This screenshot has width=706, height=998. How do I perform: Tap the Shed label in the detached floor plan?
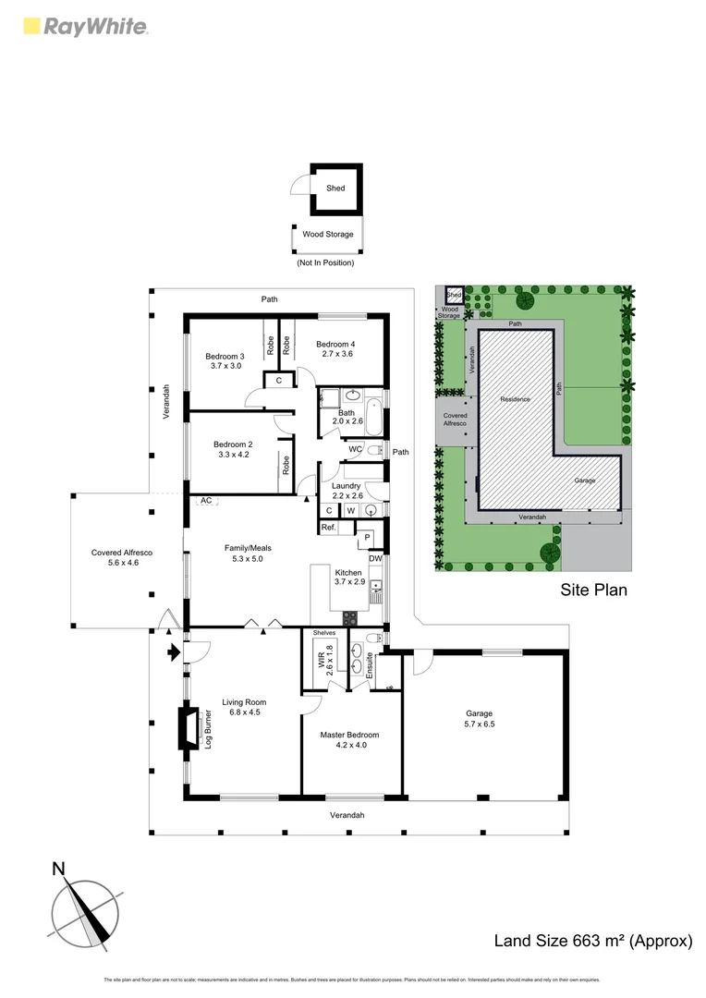(x=335, y=189)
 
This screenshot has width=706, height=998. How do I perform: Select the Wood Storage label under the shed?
(x=328, y=235)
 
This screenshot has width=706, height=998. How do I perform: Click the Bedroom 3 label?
(x=225, y=357)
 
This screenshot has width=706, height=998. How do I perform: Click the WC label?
(x=355, y=450)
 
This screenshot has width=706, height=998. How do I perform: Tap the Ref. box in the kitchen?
(x=328, y=528)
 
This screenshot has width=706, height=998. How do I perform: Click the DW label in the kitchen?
(x=375, y=559)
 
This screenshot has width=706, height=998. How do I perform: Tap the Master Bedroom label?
(x=349, y=736)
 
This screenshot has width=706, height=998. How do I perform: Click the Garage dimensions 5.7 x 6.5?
(x=479, y=724)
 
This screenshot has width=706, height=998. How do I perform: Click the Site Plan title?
(x=593, y=590)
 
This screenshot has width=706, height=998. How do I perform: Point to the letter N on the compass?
(x=59, y=869)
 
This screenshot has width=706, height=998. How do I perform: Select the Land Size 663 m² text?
(x=593, y=942)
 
